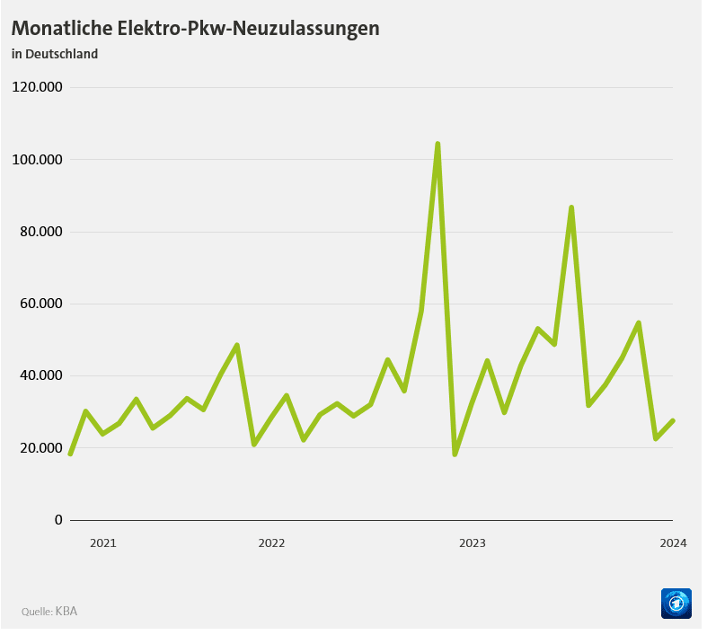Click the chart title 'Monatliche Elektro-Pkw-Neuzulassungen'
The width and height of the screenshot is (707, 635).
pos(195,28)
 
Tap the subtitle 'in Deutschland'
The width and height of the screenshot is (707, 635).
pos(55,54)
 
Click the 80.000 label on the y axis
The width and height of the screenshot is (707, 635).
pos(40,232)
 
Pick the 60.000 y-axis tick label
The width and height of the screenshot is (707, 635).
pos(40,304)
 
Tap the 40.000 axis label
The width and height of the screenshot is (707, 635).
pos(40,375)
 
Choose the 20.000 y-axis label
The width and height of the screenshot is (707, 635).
pos(40,448)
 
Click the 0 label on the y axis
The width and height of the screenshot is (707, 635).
pos(58,520)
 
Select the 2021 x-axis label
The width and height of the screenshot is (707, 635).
pos(103,543)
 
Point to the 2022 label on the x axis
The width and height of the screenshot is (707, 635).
pos(271,543)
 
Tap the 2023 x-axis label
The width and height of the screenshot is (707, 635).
pos(473,543)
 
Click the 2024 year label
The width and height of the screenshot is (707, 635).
pos(673,543)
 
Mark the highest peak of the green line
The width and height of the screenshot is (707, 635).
pos(437,144)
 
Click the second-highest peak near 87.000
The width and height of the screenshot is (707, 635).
pos(571,207)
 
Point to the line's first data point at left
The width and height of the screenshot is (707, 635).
pos(70,454)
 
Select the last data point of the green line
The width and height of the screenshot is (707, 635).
pos(673,421)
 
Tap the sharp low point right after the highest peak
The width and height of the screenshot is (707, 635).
pos(455,454)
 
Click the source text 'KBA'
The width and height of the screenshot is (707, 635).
pos(66,612)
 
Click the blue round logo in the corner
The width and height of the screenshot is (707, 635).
pos(676,604)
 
